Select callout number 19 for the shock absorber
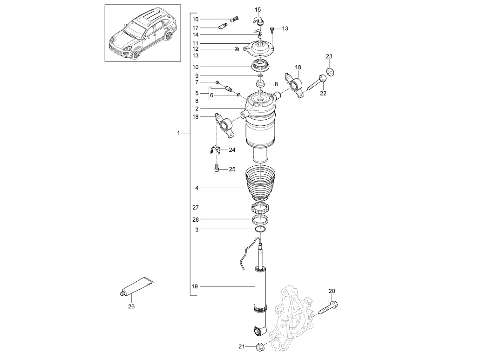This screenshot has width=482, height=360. pyautogui.click(x=195, y=286)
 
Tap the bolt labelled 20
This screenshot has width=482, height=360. pyautogui.click(x=328, y=308)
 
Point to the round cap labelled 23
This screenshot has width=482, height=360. pyautogui.click(x=331, y=72)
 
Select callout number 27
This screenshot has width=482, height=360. pyautogui.click(x=196, y=208)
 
